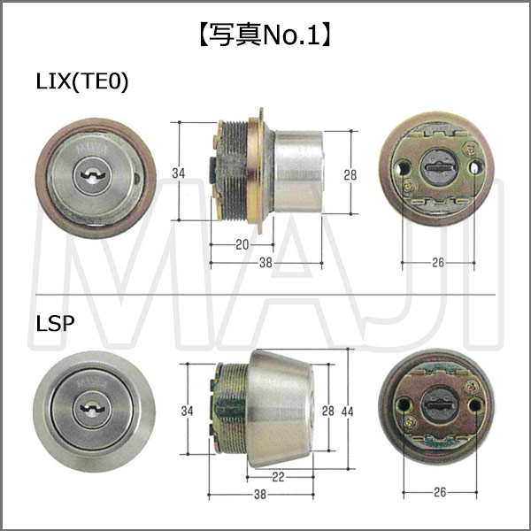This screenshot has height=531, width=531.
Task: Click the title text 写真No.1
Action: pyautogui.click(x=265, y=36)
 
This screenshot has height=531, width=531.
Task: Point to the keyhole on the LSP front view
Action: pyautogui.click(x=91, y=411)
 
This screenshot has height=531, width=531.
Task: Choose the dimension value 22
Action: pyautogui.click(x=279, y=477)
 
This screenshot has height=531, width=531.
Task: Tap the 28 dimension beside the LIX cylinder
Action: pyautogui.click(x=350, y=173)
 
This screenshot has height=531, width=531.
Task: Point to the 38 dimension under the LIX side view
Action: pyautogui.click(x=265, y=263)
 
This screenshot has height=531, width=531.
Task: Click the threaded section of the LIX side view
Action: pyautogui.click(x=235, y=170)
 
